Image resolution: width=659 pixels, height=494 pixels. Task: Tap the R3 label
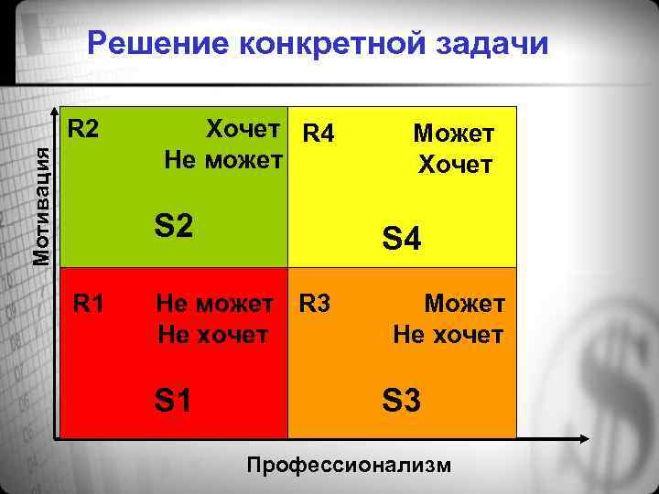point(313,302)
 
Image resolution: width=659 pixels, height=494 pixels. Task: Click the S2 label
point(174,224)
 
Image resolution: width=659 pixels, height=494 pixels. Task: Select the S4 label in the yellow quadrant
point(402,240)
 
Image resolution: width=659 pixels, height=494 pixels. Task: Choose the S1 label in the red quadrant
point(173,400)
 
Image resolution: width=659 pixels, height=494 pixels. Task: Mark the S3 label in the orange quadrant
point(401,401)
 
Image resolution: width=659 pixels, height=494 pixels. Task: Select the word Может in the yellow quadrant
point(454,134)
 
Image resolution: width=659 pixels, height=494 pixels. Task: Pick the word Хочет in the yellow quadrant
point(455,165)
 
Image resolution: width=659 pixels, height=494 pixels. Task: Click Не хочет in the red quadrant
point(212,335)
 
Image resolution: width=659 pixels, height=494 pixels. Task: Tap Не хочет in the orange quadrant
point(448,335)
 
